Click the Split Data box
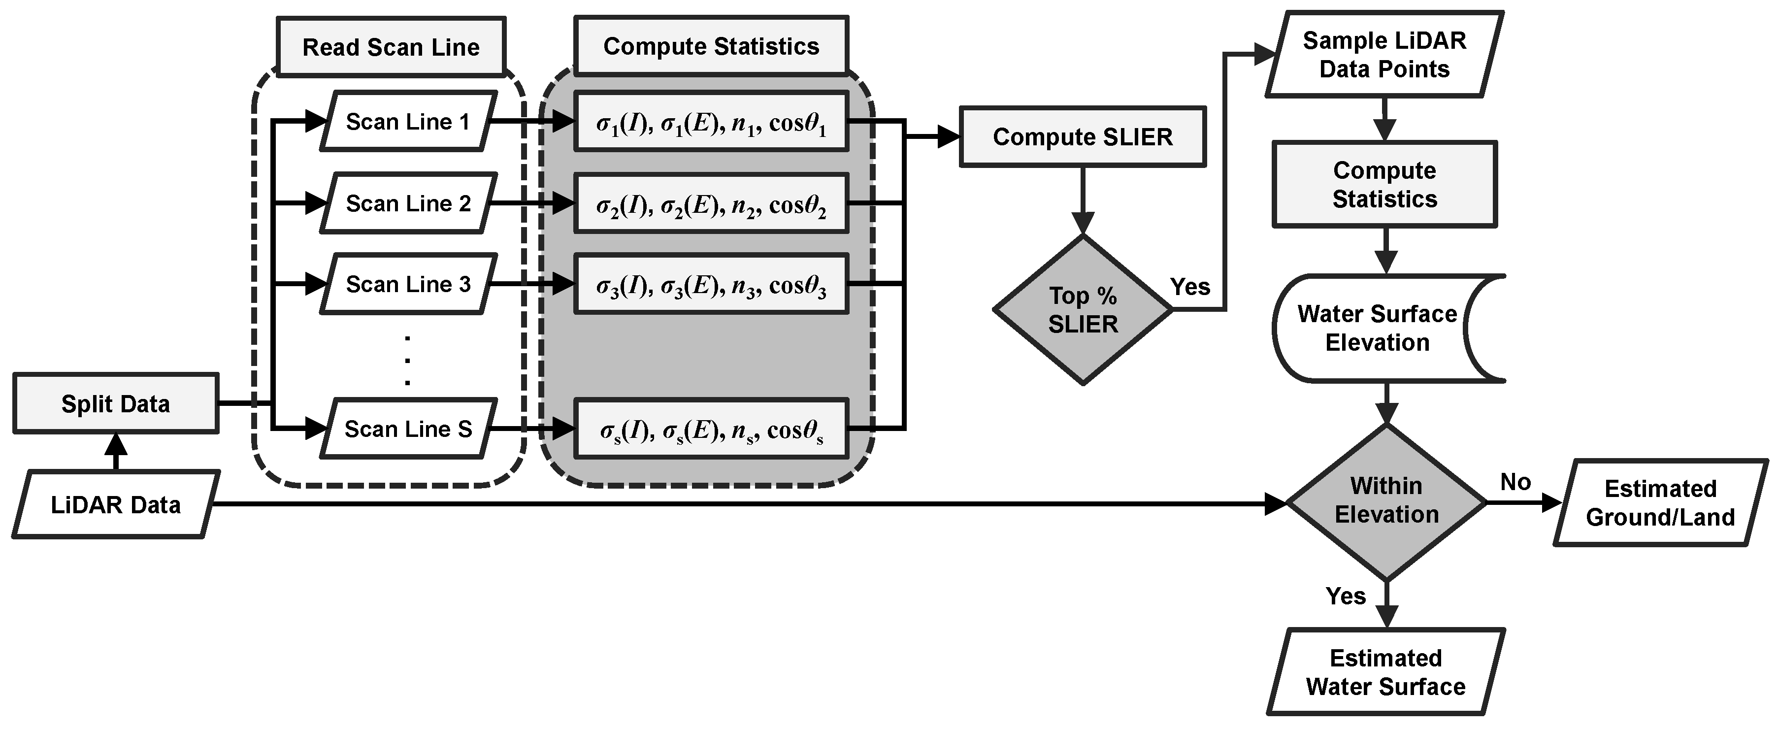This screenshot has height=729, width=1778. click(115, 403)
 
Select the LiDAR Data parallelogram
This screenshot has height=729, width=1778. click(115, 505)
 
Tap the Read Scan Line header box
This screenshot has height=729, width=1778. click(391, 47)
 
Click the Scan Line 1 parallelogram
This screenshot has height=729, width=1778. click(407, 122)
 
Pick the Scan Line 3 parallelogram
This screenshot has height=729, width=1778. click(407, 284)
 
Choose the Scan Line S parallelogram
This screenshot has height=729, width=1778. click(407, 429)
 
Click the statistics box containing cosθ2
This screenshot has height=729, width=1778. click(711, 204)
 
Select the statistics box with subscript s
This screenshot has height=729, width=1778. click(711, 430)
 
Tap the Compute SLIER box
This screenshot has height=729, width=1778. click(1082, 137)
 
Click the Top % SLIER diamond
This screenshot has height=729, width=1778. click(1082, 310)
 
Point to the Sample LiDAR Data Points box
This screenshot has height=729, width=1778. click(1384, 55)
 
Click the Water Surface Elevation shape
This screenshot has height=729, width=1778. click(1377, 329)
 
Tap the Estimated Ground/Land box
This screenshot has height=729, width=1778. click(1660, 502)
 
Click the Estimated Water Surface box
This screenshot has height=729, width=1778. click(1385, 672)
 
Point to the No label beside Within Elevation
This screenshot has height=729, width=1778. click(1515, 482)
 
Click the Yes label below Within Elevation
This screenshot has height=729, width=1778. click(1345, 596)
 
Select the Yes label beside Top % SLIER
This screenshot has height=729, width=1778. click(1190, 287)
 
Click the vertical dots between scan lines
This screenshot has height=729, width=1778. click(407, 360)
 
